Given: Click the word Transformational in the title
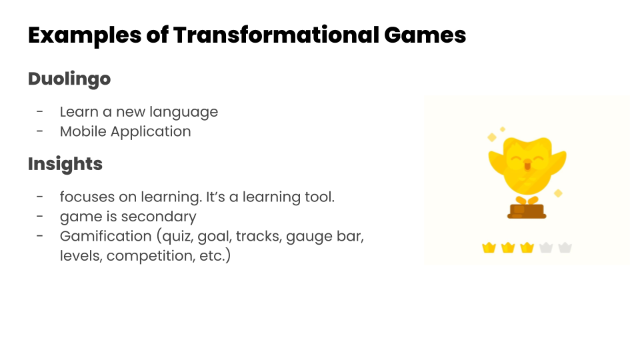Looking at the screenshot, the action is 276,35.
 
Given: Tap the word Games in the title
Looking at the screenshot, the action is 425,35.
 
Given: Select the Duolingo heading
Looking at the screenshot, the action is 69,79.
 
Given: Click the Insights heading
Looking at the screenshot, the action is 65,164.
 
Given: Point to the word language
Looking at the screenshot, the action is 184,112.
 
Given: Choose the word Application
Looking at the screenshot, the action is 151,132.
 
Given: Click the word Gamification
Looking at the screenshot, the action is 106,236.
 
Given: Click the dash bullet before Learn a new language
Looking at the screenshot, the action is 39,111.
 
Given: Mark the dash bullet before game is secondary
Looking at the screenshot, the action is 39,216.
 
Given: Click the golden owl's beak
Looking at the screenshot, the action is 527,165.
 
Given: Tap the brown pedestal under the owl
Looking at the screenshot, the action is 527,211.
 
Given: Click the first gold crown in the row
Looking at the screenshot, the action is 489,247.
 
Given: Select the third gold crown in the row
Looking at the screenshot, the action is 527,247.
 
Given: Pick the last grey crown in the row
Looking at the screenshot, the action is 565,247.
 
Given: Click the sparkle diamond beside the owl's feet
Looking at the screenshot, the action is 558,193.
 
